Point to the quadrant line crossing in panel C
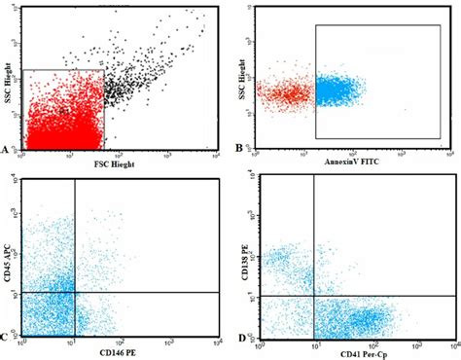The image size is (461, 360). click(75, 292)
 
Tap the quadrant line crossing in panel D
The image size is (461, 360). click(313, 296)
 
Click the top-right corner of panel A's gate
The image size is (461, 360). click(104, 70)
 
